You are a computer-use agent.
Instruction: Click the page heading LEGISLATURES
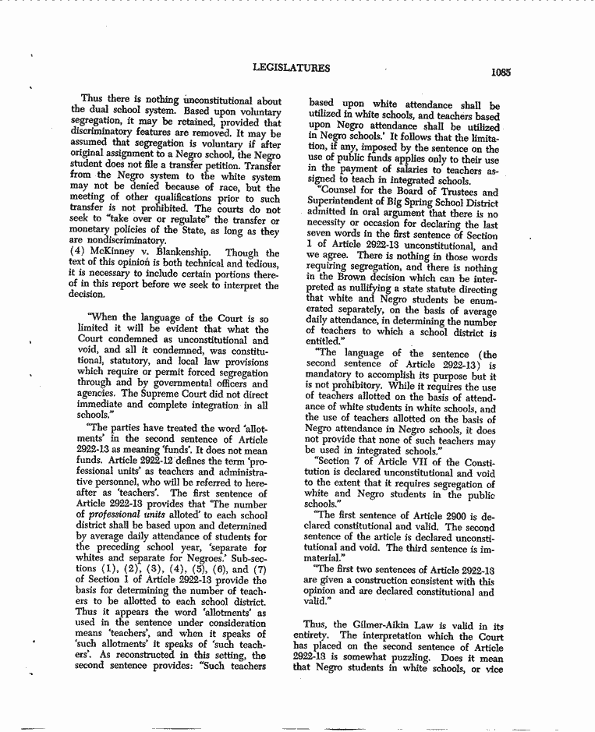point(291,68)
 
